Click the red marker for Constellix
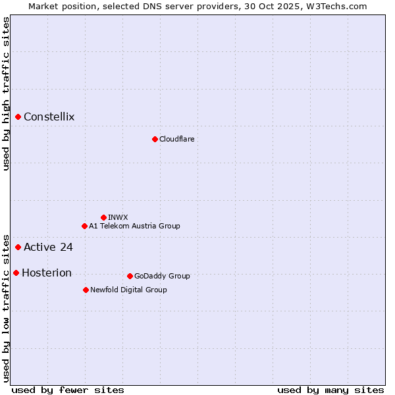click(18, 117)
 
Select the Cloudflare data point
click(155, 139)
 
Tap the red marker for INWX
click(103, 217)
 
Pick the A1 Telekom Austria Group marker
click(84, 226)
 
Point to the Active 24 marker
click(18, 247)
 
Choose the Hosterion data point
click(16, 273)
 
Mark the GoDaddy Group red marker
click(130, 276)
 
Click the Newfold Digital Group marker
click(86, 290)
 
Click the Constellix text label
click(49, 117)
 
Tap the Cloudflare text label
click(176, 139)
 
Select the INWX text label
click(118, 217)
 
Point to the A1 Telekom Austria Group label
click(134, 226)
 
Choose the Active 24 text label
click(48, 248)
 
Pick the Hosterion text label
click(47, 273)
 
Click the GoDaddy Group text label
click(162, 276)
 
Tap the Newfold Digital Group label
click(128, 290)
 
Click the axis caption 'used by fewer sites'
click(68, 390)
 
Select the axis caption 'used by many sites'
click(330, 390)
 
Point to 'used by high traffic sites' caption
click(7, 93)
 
